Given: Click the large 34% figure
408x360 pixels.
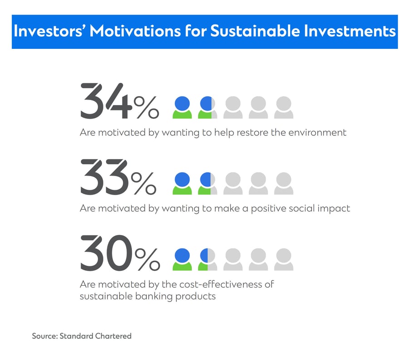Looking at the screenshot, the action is click(119, 101).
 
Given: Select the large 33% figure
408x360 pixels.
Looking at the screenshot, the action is click(118, 177).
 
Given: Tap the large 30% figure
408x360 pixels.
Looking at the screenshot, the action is click(120, 253).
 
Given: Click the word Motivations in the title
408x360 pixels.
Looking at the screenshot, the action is click(135, 31).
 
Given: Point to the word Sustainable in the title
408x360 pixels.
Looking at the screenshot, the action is click(255, 31).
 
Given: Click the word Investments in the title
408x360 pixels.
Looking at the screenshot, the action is click(350, 31).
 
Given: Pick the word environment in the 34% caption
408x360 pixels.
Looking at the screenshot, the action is click(317, 133).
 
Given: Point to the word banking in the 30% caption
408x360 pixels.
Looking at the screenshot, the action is click(154, 296).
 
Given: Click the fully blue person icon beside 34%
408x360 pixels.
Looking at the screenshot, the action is click(182, 107).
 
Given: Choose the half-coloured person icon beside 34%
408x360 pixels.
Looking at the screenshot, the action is click(207, 107).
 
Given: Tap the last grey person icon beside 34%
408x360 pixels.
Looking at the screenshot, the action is click(284, 107).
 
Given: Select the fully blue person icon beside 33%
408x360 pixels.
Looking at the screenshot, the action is click(182, 183).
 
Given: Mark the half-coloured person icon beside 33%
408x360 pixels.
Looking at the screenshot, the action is click(207, 183).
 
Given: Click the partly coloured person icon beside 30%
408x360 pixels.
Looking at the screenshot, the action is click(207, 259).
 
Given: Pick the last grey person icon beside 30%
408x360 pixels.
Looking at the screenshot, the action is click(284, 259).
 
